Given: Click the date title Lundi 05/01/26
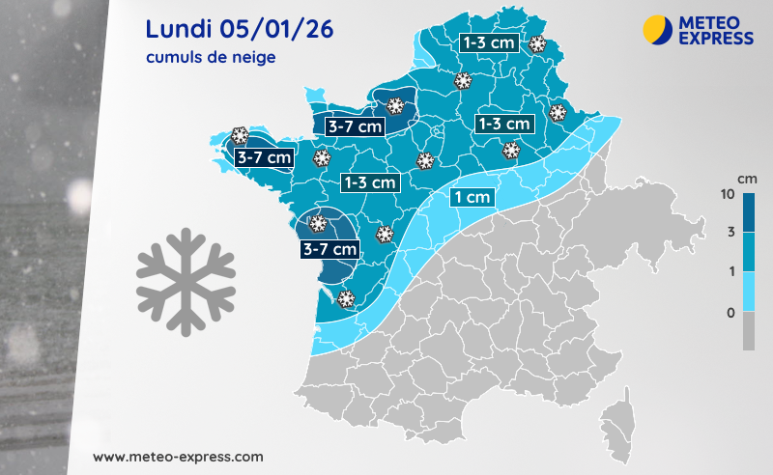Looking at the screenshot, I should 240,28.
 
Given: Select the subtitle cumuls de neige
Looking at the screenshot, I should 211,58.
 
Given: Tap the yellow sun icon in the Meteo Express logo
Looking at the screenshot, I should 656,29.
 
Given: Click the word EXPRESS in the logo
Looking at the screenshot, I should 716,38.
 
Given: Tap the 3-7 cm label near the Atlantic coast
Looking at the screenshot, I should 330,249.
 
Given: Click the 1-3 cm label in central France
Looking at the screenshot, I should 370,182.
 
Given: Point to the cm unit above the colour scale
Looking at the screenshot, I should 746,179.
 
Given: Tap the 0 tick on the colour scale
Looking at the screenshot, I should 731,312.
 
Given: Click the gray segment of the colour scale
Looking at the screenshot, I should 750,330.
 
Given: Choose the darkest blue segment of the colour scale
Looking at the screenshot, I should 750,212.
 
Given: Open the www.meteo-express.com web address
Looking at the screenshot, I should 178,455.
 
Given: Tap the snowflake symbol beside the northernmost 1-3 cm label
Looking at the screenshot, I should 536,43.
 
